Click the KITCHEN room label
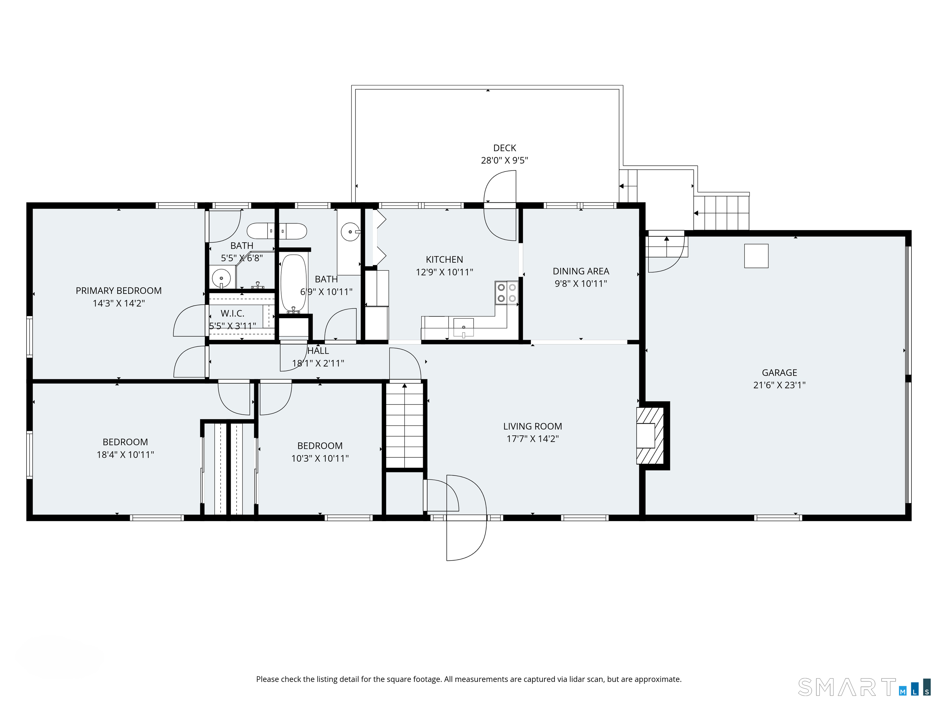click(x=444, y=259)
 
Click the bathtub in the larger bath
click(x=293, y=283)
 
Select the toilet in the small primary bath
click(x=276, y=231)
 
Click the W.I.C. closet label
click(x=232, y=314)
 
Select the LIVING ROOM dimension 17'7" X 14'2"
click(x=532, y=438)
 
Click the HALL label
click(x=318, y=351)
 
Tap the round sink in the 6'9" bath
click(x=350, y=232)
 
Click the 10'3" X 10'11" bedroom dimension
click(x=320, y=458)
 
